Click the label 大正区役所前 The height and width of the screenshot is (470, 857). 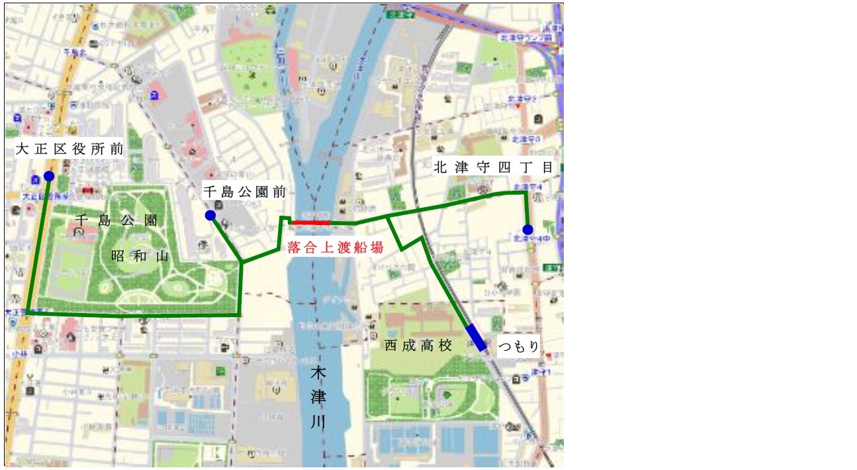tap(69, 150)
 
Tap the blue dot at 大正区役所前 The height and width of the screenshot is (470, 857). tap(49, 176)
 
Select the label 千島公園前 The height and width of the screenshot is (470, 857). tap(244, 192)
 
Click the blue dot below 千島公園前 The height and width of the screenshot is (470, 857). tap(210, 215)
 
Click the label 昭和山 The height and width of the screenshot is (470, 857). tap(140, 256)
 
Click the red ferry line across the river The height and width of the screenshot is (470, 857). tap(310, 223)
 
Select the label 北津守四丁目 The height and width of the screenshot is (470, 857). tap(493, 168)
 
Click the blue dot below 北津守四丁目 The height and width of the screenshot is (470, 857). tap(527, 230)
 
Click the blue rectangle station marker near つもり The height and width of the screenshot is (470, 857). tap(475, 338)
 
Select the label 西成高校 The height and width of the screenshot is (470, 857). tap(418, 346)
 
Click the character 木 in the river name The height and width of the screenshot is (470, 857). tap(318, 374)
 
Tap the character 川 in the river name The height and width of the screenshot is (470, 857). tap(318, 422)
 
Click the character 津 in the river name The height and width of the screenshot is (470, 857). tap(318, 398)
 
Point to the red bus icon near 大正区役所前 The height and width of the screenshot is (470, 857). tap(87, 191)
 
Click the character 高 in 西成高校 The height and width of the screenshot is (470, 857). tap(427, 346)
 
